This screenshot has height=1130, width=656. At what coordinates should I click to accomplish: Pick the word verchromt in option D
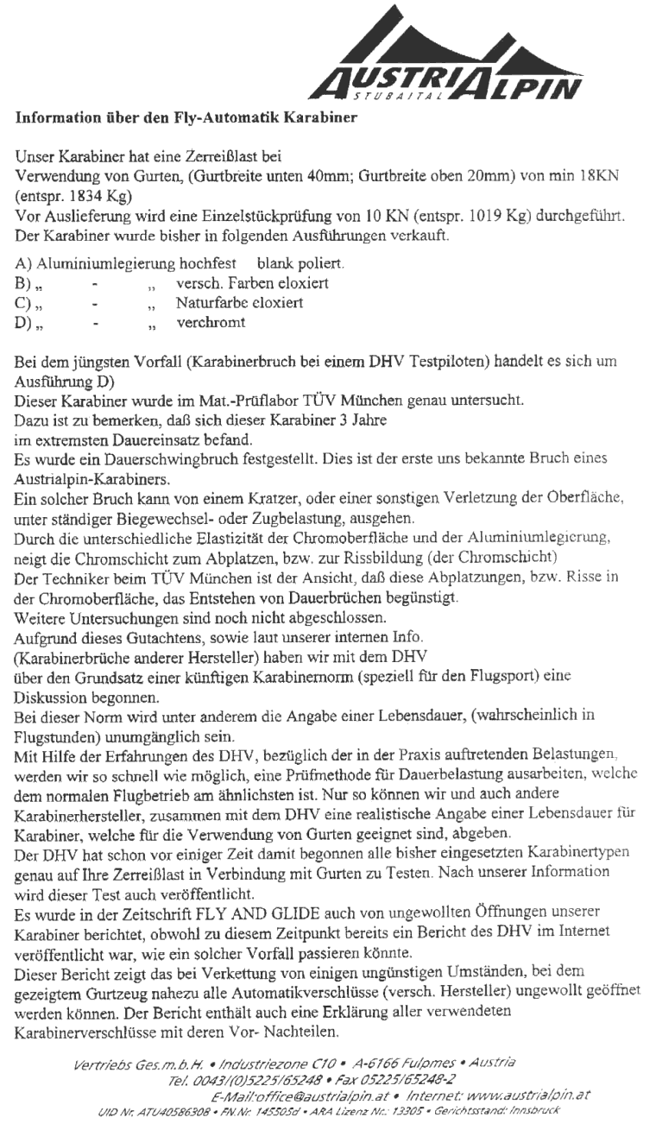[x=212, y=325]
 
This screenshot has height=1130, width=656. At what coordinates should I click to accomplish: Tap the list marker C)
[x=25, y=304]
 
